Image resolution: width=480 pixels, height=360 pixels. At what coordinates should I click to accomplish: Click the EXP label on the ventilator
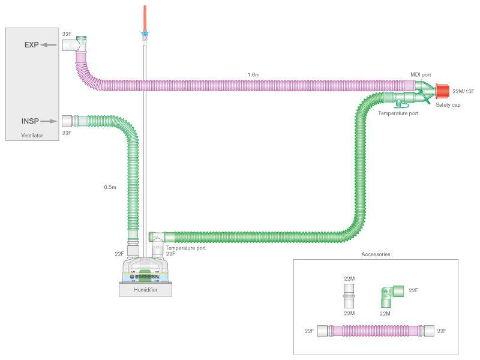(32, 46)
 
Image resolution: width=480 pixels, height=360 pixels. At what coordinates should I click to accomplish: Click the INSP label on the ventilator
(30, 121)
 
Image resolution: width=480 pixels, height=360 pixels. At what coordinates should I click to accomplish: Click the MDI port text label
(422, 74)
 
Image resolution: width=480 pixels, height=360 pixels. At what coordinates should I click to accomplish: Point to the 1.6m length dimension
(254, 74)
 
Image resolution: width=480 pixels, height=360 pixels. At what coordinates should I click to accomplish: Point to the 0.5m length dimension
(110, 187)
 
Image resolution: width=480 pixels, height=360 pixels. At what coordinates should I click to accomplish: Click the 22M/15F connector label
(463, 91)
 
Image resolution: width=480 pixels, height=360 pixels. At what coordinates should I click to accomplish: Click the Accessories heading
(376, 254)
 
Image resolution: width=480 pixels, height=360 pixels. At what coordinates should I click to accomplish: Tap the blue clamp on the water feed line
(144, 34)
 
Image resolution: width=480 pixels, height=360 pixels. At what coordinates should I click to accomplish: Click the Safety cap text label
(448, 106)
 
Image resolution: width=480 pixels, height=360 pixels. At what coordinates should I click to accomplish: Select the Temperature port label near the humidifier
(186, 247)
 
